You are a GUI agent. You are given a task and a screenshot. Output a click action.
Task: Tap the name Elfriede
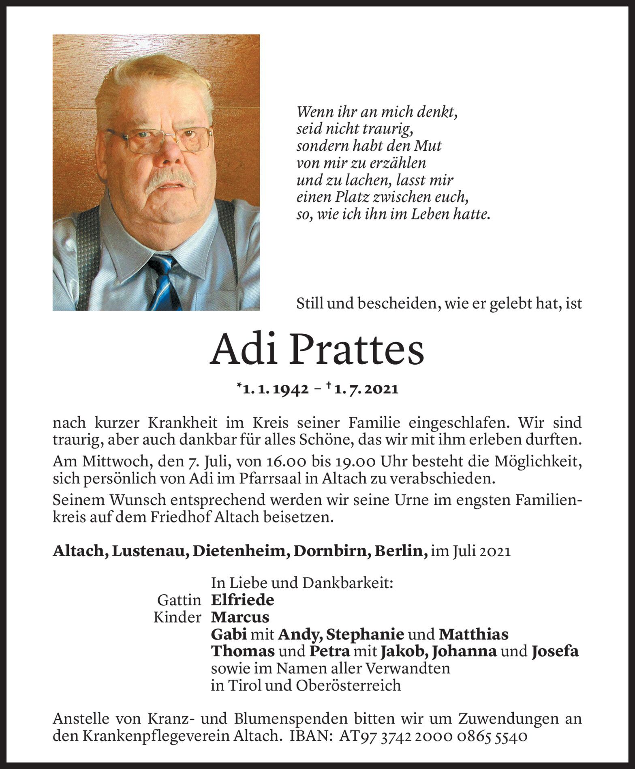pos(242,600)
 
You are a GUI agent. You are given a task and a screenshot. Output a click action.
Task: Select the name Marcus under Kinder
pos(240,617)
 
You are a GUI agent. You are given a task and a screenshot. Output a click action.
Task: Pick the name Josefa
pos(555,651)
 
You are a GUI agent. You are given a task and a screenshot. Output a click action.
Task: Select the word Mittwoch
pos(103,462)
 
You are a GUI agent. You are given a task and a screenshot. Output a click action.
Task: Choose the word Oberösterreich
pos(349,685)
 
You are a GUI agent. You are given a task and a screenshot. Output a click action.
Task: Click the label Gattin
pos(179,600)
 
